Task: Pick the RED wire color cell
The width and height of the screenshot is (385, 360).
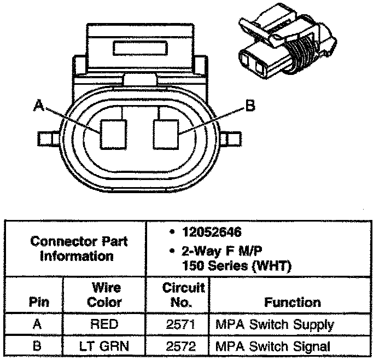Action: (104, 324)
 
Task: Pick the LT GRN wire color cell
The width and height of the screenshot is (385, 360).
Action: (104, 346)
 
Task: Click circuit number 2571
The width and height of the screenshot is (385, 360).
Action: (177, 324)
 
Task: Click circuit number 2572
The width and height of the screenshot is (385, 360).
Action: (177, 346)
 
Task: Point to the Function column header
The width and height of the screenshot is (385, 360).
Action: (293, 302)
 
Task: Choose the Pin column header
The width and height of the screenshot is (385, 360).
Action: (38, 302)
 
